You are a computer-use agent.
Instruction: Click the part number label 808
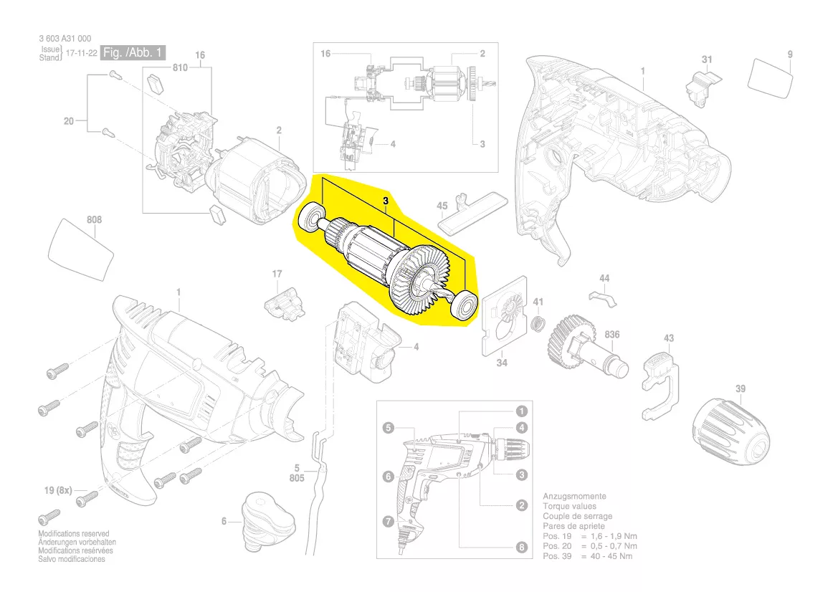[x=94, y=219]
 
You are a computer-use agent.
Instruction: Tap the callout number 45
[x=442, y=206]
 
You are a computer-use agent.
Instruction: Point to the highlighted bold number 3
[x=385, y=203]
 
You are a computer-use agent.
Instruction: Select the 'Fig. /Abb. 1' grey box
[x=134, y=53]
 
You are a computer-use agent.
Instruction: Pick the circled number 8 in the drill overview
[x=521, y=548]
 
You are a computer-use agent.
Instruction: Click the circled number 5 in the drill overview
[x=388, y=429]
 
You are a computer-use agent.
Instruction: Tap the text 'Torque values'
[x=569, y=506]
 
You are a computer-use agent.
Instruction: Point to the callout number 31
[x=707, y=59]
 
